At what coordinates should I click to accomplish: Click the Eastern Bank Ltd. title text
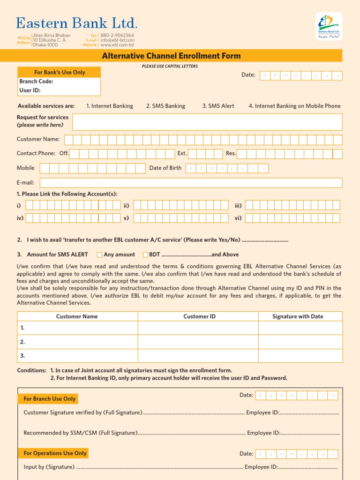tap(76, 23)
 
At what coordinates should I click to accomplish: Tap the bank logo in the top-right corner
tap(329, 26)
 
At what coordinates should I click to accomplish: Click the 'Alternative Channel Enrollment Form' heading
tap(171, 56)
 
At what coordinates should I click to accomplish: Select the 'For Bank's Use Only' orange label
tap(60, 72)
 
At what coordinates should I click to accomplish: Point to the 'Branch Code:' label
tap(36, 81)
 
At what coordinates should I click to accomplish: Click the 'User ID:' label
tap(30, 90)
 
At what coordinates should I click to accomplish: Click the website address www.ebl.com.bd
tap(117, 45)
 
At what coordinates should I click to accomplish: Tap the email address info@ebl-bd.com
tap(117, 40)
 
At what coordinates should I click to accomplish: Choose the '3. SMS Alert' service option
tap(218, 106)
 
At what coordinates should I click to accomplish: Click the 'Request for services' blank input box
tap(207, 122)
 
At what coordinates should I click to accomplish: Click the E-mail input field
tap(191, 183)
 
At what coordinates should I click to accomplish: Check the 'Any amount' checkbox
tap(99, 255)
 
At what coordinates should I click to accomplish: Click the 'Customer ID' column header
tap(199, 316)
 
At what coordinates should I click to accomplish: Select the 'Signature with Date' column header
tap(298, 316)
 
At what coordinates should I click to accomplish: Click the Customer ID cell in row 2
tap(198, 342)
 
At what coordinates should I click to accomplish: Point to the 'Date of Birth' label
tap(165, 168)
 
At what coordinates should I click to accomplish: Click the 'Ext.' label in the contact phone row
tap(182, 153)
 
